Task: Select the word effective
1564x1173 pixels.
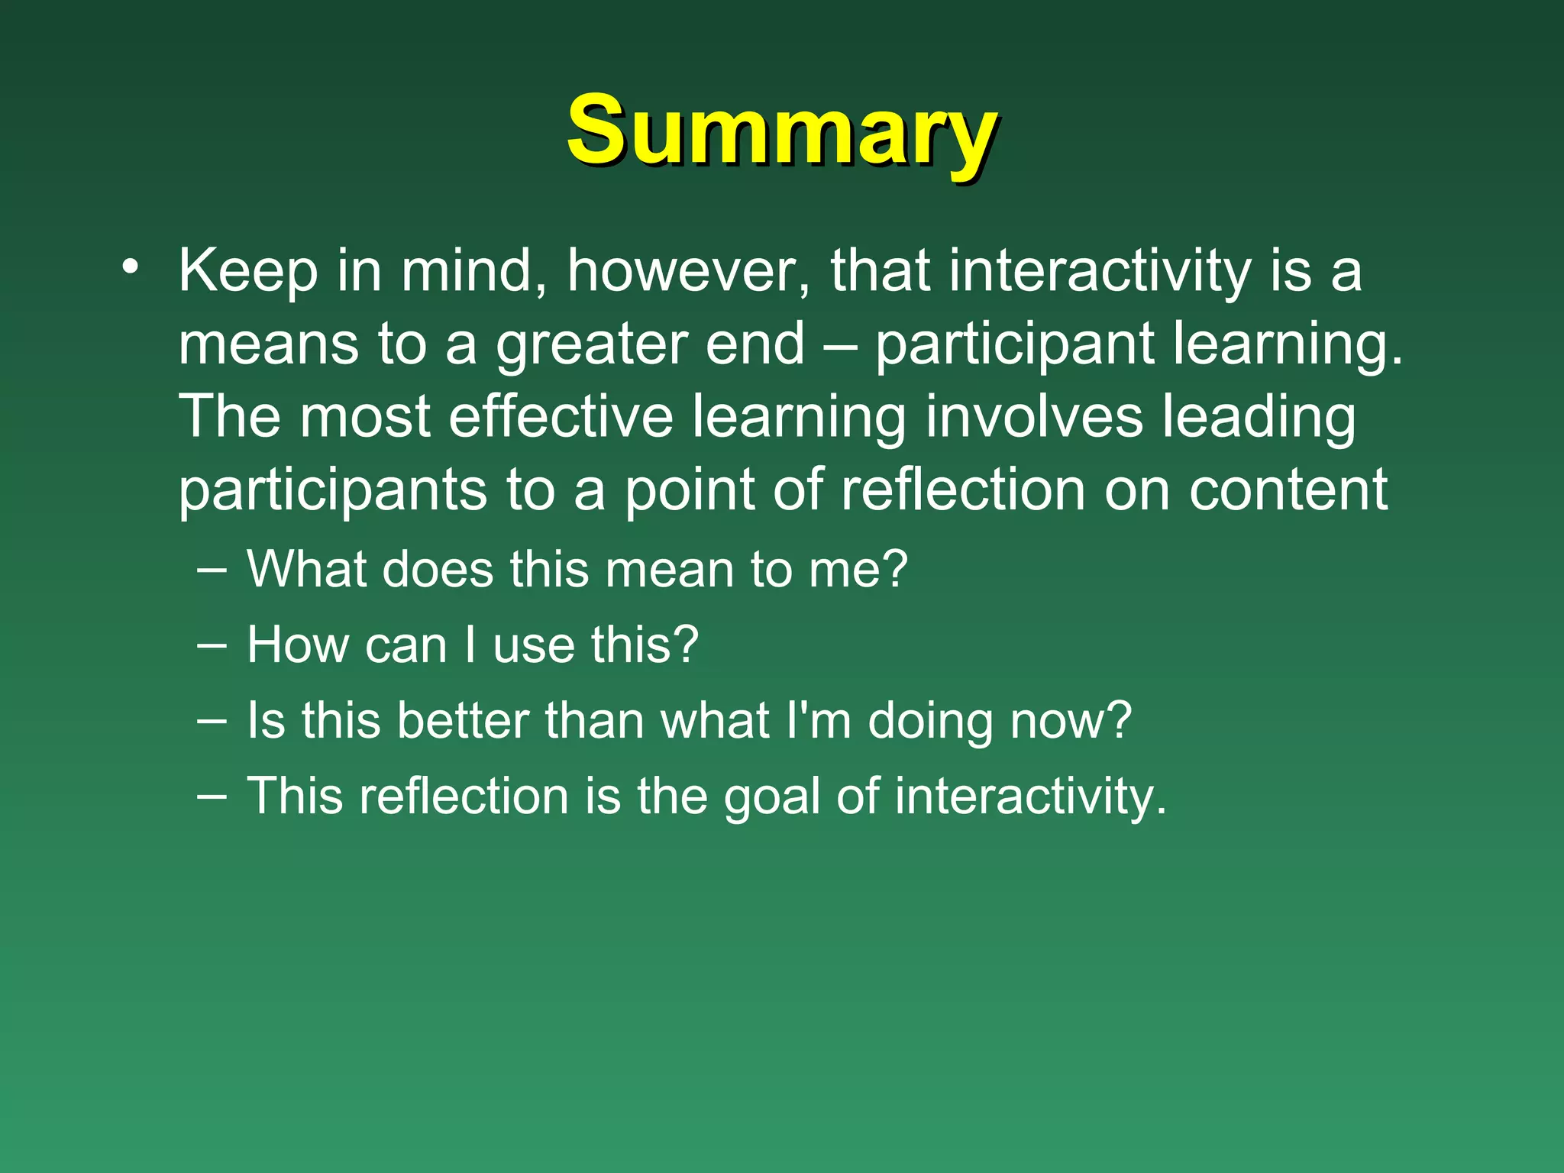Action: click(x=561, y=417)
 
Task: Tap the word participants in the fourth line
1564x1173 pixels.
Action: click(x=332, y=491)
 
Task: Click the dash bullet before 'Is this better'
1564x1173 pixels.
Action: click(x=211, y=719)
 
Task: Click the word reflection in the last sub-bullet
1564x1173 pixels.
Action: click(x=464, y=796)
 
